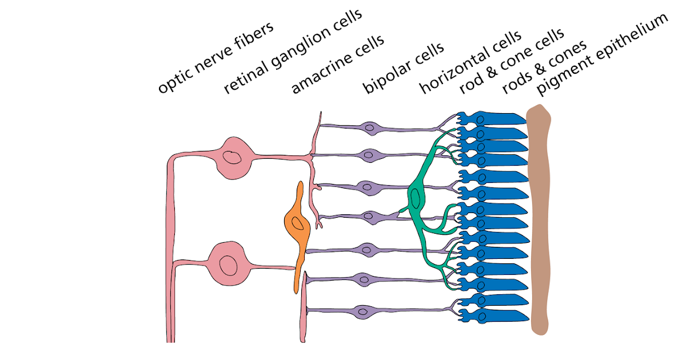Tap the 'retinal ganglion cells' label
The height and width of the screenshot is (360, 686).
pos(292,51)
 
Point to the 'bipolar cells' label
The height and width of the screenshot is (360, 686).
pos(403,67)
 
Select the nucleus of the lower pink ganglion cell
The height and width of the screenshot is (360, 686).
pos(228,265)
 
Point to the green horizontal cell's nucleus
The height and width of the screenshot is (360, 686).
pos(416,198)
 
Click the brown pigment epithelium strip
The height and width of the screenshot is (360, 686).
pos(539,217)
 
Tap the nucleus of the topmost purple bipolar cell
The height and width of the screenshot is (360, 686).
pos(370,127)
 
